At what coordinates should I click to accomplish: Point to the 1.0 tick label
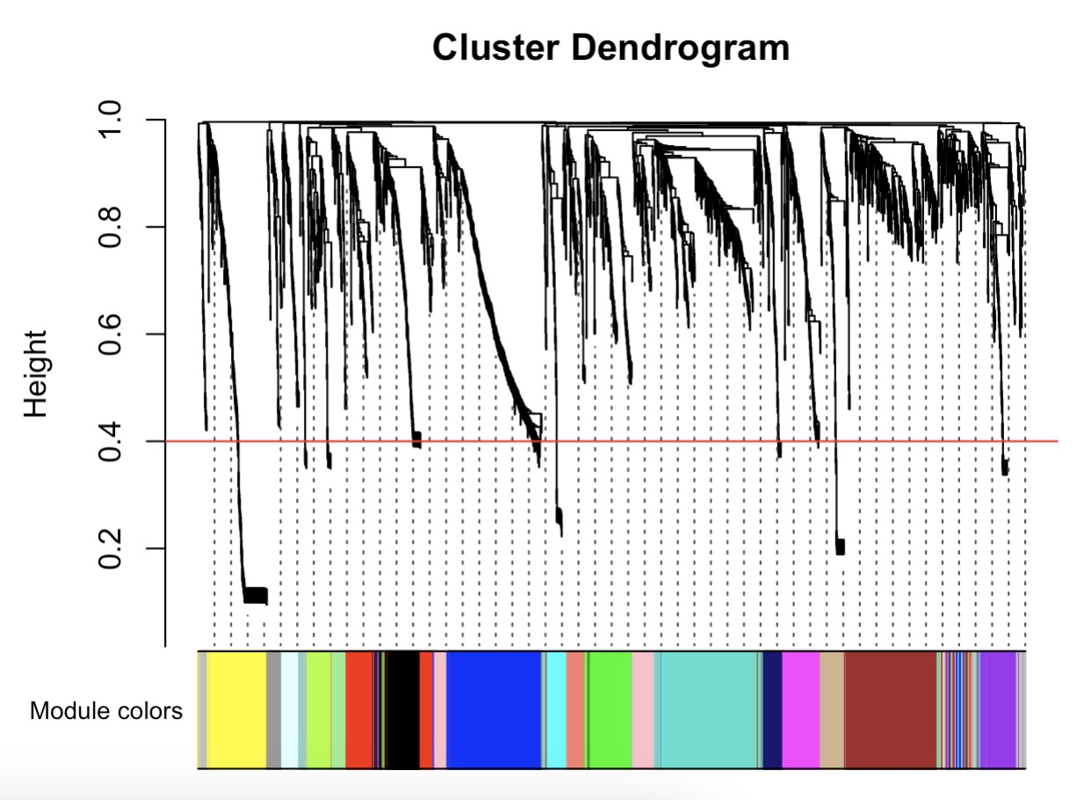(x=112, y=120)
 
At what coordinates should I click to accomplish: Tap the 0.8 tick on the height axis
(x=112, y=227)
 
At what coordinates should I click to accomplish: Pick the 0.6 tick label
(x=112, y=334)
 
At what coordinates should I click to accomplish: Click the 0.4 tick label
(x=112, y=441)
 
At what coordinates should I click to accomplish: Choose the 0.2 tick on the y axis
(x=112, y=549)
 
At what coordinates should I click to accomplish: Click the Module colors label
(x=106, y=710)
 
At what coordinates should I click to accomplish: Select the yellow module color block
(x=237, y=710)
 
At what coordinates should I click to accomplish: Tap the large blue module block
(x=494, y=710)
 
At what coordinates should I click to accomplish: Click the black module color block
(x=403, y=710)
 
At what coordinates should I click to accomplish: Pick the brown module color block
(x=890, y=710)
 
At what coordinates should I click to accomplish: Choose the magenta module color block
(x=800, y=710)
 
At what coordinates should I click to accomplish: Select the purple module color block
(x=998, y=710)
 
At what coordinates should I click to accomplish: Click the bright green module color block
(x=609, y=710)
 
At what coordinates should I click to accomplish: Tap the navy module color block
(x=772, y=710)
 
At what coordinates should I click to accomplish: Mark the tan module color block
(x=832, y=710)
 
